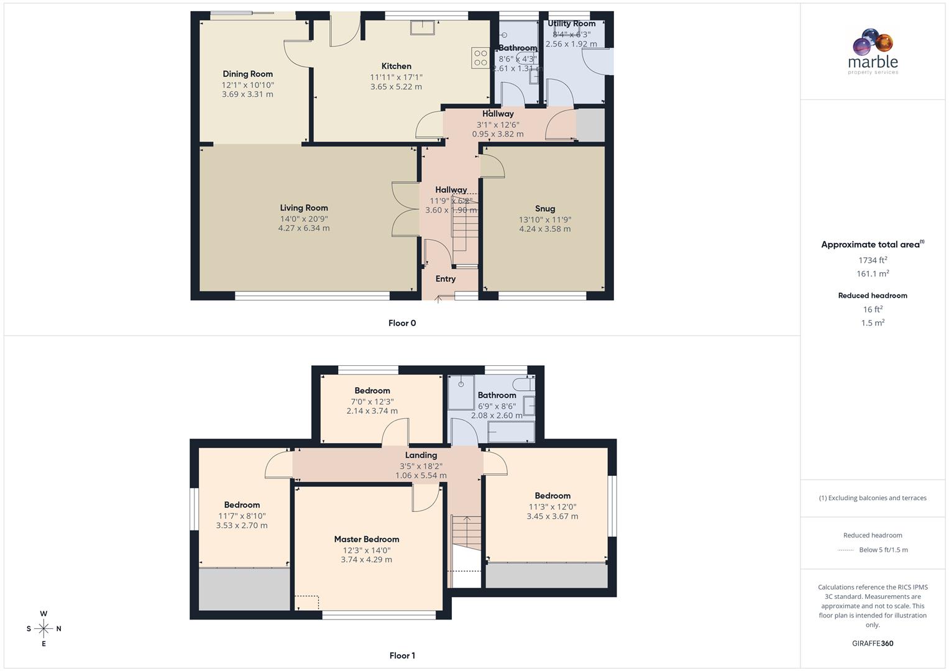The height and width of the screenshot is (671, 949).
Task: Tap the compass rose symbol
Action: [x=44, y=629]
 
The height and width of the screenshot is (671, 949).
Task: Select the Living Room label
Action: [x=303, y=208]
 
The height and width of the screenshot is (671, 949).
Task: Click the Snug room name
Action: [x=544, y=209]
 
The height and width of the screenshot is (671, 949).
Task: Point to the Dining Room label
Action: [x=247, y=74]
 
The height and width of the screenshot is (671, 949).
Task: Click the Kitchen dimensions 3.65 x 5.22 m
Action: [x=396, y=87]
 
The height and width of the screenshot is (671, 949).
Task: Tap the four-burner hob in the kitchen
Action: [x=480, y=58]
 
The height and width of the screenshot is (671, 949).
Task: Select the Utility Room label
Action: [x=571, y=24]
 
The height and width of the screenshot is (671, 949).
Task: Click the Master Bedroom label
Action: [x=366, y=539]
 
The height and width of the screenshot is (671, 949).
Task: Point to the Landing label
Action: [x=421, y=455]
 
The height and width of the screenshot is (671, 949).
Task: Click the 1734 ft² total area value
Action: [x=873, y=260]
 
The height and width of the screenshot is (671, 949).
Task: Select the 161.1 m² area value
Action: [x=873, y=274]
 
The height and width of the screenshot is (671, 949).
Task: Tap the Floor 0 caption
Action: [x=402, y=323]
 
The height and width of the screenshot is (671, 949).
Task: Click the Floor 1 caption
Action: [x=402, y=655]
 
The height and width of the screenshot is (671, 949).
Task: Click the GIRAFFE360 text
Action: [x=873, y=644]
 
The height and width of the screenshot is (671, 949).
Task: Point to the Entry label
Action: [x=445, y=279]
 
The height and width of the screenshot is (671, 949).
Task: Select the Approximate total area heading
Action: [x=872, y=245]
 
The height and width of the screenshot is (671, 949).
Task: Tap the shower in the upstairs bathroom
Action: [x=461, y=391]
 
